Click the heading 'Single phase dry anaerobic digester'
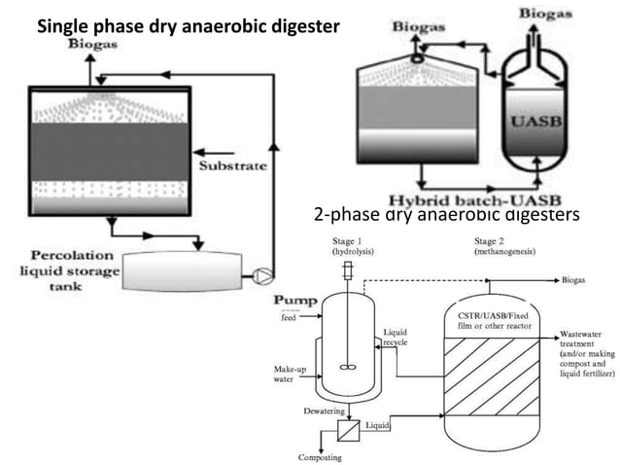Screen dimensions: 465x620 click(189, 26)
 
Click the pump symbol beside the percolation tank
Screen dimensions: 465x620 click(259, 276)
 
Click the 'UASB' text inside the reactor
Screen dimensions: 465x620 click(533, 124)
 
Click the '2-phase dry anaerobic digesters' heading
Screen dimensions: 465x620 click(446, 214)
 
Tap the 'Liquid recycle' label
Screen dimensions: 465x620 click(396, 338)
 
